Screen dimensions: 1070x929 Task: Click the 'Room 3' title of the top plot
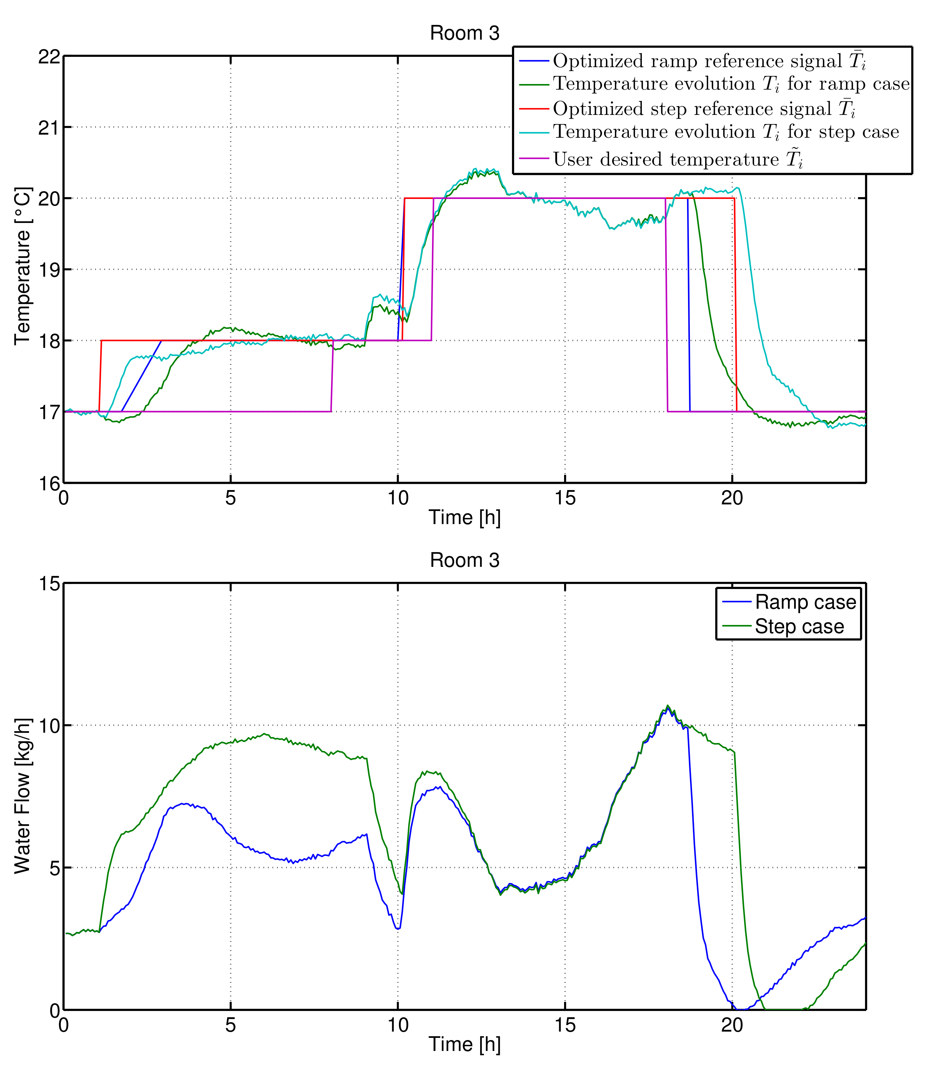pos(464,33)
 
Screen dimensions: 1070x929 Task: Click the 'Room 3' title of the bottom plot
pos(464,560)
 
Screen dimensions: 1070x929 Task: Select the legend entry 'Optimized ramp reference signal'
pos(709,61)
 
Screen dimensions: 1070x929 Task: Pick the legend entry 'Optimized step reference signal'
pos(704,109)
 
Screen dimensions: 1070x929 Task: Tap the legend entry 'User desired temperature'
pos(678,159)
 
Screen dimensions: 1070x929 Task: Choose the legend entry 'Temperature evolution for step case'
pos(726,132)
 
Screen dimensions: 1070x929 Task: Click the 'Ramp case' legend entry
pos(805,602)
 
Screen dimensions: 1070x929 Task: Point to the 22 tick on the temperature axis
pos(49,56)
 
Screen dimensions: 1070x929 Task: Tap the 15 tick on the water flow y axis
pos(49,583)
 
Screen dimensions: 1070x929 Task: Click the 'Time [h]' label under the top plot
pos(464,518)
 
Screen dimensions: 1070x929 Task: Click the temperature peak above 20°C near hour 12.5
pos(474,169)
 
